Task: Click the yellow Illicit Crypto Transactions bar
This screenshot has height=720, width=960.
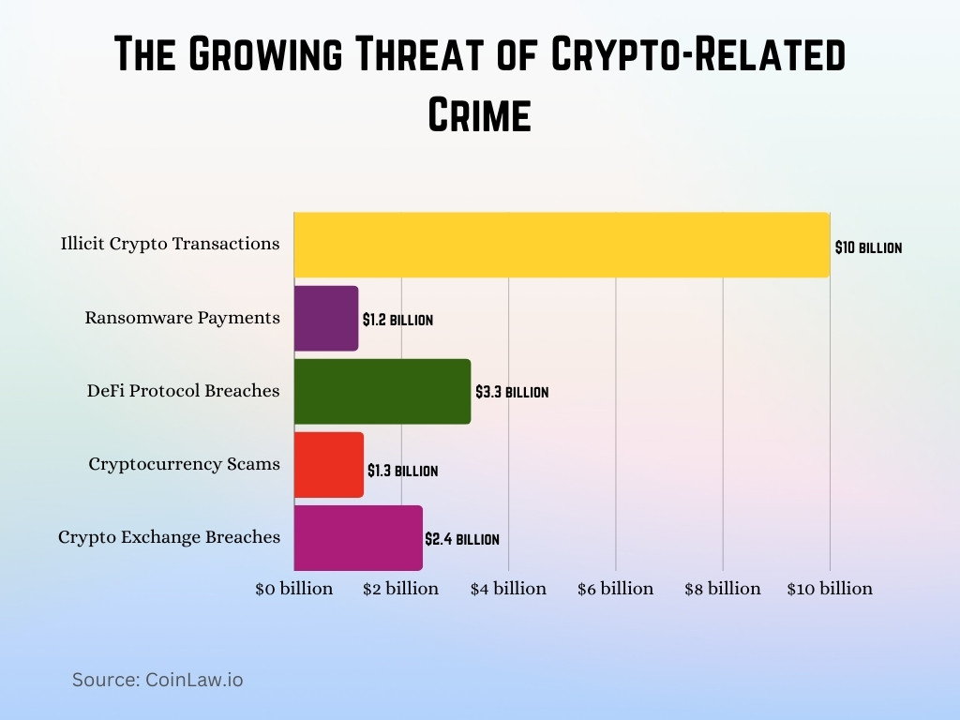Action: pos(562,245)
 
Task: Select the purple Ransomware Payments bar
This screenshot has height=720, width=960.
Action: pos(326,319)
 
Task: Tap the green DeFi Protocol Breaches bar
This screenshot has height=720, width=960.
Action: pos(382,391)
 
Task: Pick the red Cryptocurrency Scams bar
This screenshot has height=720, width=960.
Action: pos(329,465)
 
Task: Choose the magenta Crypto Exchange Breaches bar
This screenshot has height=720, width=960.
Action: pos(358,538)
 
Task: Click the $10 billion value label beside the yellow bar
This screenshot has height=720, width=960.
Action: pos(868,248)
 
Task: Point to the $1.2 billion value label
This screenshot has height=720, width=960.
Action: pos(397,320)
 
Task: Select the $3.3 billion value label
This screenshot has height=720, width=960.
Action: pos(512,393)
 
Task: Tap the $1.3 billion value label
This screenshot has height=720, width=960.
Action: pos(402,471)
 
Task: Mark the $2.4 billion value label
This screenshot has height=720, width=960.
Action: pos(462,540)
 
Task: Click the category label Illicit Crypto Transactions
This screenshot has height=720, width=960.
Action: pos(170,244)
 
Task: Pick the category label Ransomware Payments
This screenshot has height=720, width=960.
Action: pos(182,318)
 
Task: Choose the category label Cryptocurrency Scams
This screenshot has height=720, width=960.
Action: pos(184,464)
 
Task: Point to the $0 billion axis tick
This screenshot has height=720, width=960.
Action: pos(294,589)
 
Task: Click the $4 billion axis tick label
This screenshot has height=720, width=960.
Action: pos(508,589)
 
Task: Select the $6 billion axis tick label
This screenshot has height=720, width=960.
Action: pos(615,589)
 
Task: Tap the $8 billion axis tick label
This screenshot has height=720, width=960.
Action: pos(722,589)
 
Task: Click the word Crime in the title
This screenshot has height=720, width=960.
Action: pos(480,114)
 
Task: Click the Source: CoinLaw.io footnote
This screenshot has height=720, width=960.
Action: pos(157,680)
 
